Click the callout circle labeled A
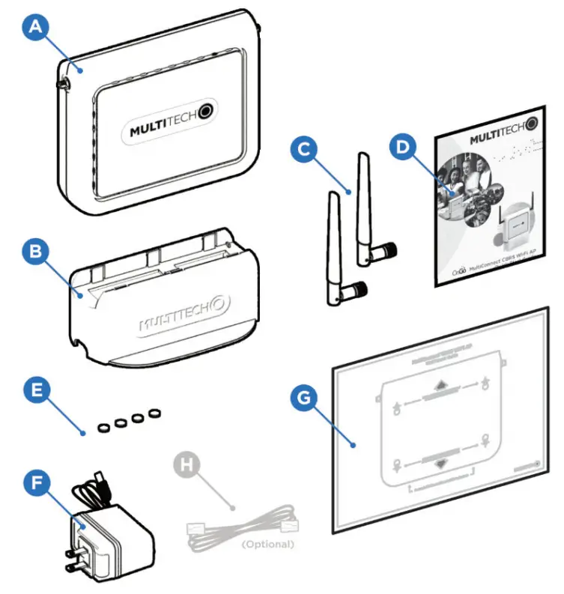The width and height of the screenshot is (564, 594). [x=37, y=29]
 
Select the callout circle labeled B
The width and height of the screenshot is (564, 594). [x=37, y=253]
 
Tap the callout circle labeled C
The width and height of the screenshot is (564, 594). [x=304, y=150]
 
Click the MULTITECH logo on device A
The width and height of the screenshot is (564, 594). [x=171, y=129]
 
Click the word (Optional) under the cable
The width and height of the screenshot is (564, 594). [x=267, y=543]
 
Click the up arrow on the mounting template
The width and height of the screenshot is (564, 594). [x=439, y=387]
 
